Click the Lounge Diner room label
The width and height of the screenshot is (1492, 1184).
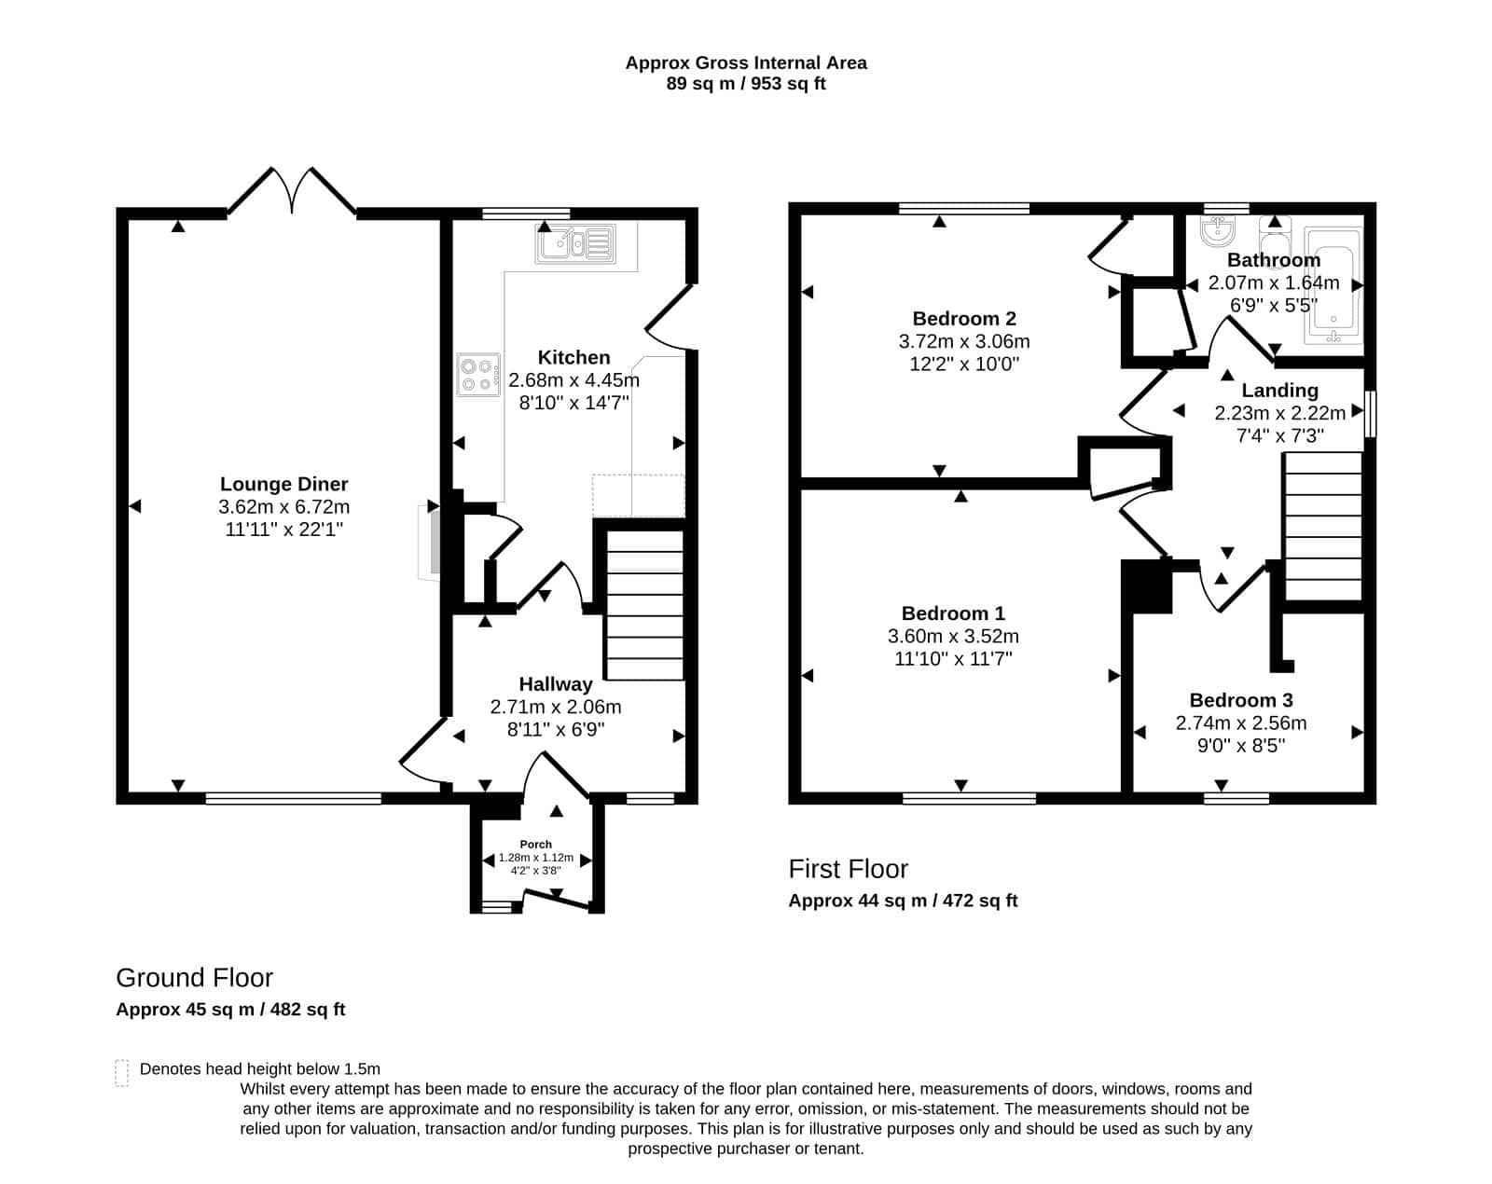(x=283, y=484)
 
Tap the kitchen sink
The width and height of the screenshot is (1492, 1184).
(x=575, y=243)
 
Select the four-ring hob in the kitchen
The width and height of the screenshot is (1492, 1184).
(x=478, y=375)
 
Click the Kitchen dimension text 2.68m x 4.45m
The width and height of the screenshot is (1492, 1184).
(x=573, y=379)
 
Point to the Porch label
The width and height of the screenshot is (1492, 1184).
(x=536, y=845)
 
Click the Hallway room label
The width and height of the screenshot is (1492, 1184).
(x=556, y=684)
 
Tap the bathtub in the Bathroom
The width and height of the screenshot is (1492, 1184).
(x=1333, y=285)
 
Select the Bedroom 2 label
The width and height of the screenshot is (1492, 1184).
(x=963, y=319)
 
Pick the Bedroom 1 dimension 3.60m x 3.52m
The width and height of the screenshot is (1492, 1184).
(x=953, y=637)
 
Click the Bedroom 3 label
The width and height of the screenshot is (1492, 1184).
(x=1241, y=700)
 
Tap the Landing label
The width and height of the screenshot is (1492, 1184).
(x=1279, y=391)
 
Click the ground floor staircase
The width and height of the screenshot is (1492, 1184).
(x=644, y=605)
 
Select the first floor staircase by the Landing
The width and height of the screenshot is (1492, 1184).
(x=1323, y=526)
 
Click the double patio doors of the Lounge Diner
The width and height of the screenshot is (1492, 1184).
(x=292, y=190)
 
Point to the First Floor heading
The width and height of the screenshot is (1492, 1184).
(x=848, y=869)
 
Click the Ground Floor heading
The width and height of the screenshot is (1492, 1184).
(x=194, y=978)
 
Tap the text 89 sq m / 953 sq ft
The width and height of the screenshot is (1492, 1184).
(x=746, y=84)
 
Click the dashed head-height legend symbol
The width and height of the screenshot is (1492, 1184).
(x=122, y=1072)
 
